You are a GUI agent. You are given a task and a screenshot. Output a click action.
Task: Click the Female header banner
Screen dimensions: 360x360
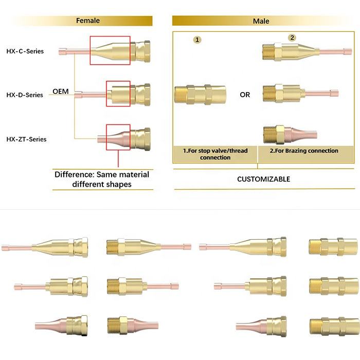[x=88, y=21]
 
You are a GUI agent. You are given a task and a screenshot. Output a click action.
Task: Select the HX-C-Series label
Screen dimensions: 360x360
[x=25, y=51]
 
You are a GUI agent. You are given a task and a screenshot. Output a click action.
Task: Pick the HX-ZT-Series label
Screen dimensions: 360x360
[x=26, y=139]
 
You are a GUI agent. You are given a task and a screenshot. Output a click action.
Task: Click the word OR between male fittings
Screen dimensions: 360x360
[x=245, y=95]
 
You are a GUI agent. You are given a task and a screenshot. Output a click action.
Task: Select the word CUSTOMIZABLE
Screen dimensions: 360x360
[x=263, y=179]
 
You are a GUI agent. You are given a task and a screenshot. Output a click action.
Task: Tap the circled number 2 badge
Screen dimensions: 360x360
[x=292, y=38]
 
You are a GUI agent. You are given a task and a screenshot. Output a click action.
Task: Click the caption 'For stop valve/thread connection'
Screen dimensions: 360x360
[x=215, y=154]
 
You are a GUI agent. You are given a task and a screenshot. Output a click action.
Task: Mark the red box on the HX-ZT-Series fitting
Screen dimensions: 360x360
[x=118, y=137]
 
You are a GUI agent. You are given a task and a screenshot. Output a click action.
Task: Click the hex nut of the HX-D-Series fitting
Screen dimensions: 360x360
[x=140, y=94]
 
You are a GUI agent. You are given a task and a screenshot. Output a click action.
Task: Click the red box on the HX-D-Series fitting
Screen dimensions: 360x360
[x=118, y=94]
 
